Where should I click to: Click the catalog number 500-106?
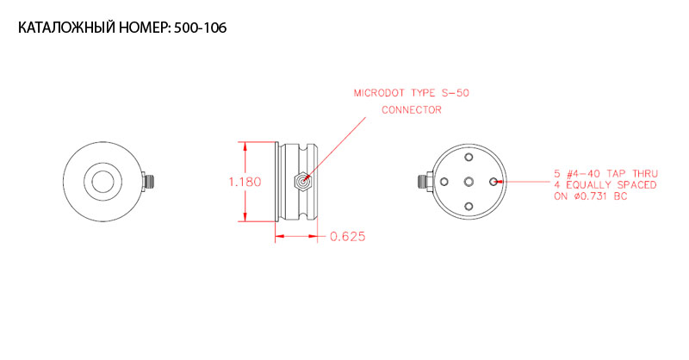[201, 28]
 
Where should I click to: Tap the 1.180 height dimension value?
[245, 182]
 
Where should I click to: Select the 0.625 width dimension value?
[348, 237]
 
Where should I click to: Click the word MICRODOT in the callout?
[379, 93]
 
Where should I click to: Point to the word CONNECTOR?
[412, 110]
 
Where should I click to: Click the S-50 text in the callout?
[456, 93]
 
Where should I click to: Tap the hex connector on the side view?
[302, 181]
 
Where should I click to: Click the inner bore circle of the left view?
[102, 182]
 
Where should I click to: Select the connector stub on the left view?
[149, 182]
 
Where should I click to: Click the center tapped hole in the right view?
[469, 182]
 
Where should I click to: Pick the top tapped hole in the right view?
[469, 157]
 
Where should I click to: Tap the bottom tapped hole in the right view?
[469, 206]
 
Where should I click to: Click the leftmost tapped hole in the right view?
[444, 182]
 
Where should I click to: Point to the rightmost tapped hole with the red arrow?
[493, 182]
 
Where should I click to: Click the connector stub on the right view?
[424, 181]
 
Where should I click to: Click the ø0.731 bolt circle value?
[592, 196]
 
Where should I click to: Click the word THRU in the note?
[644, 174]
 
